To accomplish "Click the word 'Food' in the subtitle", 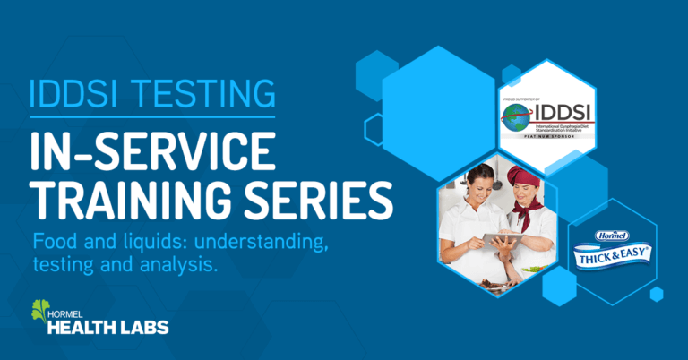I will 53,241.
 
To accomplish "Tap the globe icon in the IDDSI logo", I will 517,118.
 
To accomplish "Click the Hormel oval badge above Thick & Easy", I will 613,238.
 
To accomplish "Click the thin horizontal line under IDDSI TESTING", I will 148,116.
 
